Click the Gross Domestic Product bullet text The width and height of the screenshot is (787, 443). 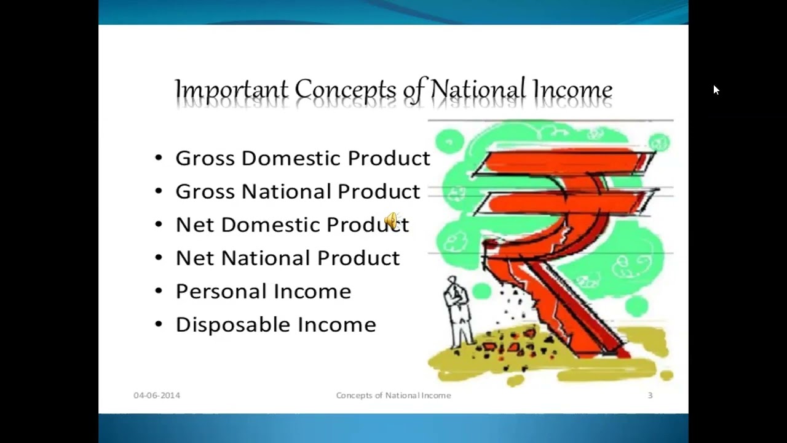click(303, 158)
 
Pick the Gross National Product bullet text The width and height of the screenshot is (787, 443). click(298, 191)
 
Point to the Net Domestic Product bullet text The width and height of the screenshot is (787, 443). click(292, 225)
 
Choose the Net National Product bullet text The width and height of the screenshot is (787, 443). click(287, 258)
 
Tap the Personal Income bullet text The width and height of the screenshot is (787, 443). click(263, 291)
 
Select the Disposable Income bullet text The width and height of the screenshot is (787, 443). click(275, 324)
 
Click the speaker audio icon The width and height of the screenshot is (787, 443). click(392, 220)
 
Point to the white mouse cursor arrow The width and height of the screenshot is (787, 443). click(716, 90)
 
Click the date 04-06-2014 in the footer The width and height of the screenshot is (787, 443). click(157, 395)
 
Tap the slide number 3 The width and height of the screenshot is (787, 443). click(650, 395)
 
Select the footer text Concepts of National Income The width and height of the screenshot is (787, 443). click(393, 395)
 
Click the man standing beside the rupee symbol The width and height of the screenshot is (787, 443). click(457, 311)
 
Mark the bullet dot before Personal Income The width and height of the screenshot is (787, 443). click(159, 291)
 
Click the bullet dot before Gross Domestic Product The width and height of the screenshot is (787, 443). click(159, 158)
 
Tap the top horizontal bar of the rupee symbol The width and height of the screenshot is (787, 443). click(563, 162)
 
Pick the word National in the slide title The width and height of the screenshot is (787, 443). click(477, 90)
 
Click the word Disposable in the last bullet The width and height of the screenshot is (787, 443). click(233, 324)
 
